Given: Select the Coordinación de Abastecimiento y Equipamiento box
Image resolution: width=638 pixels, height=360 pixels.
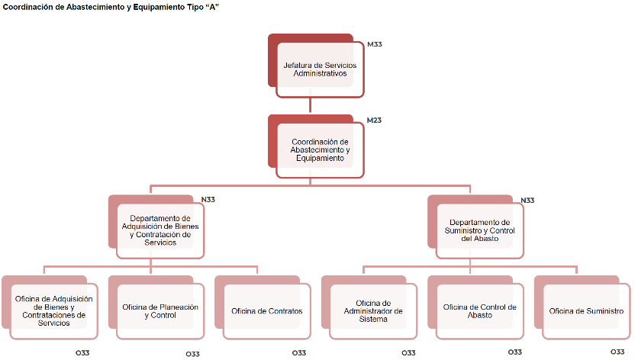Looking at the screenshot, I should [319, 149].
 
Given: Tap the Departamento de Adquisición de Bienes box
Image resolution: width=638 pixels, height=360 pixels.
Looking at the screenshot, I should [159, 230].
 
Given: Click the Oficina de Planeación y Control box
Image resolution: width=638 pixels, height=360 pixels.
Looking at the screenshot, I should [160, 311].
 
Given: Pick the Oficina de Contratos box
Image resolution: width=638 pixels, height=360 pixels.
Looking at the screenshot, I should [266, 311].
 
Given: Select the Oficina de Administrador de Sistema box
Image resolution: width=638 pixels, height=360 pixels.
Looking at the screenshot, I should [373, 311].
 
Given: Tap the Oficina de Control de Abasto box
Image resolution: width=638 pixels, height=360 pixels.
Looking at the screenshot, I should [479, 311].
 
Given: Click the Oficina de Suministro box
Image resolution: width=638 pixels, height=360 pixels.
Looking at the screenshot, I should [585, 311].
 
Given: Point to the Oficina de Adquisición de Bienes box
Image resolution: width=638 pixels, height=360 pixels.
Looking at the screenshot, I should [53, 311].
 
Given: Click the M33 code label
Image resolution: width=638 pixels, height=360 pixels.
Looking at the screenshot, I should [374, 44].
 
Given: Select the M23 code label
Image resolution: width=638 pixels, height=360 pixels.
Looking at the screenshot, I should [374, 121].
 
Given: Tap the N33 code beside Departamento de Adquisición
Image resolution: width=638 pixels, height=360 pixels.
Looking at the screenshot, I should [208, 201].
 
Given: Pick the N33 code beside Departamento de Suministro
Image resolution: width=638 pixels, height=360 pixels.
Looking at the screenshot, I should [527, 201].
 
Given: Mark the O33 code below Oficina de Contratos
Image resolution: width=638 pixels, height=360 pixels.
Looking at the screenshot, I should [299, 353].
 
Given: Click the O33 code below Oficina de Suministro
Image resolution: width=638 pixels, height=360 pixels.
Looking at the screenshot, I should [617, 352].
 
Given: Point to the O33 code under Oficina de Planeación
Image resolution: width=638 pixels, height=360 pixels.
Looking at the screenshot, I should [193, 354].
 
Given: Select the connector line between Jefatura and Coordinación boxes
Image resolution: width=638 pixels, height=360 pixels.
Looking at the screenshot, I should [310, 106].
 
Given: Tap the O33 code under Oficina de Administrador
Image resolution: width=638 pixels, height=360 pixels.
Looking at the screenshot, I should [409, 353].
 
